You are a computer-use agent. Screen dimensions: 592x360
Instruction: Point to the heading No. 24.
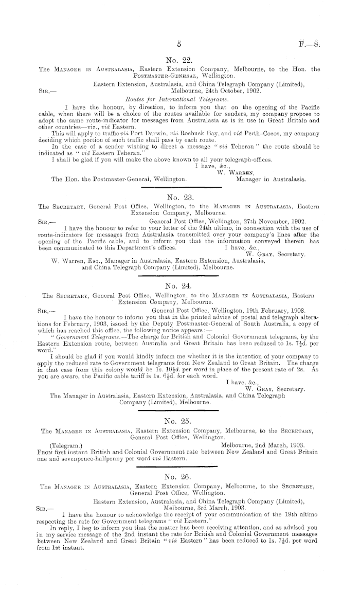point(179,283)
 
